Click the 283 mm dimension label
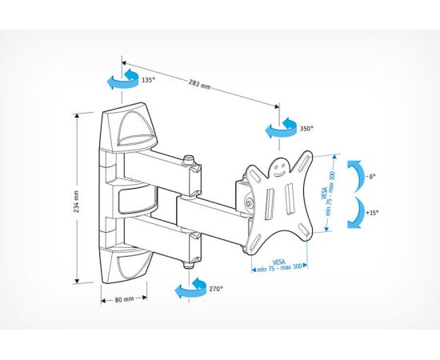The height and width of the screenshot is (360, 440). click(199, 84)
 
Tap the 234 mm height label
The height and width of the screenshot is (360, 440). click(76, 201)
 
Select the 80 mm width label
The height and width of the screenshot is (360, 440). click(124, 299)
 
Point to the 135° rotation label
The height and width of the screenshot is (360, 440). click(148, 80)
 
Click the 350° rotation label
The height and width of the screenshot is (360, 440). click(306, 129)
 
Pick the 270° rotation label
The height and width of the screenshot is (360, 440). click(216, 289)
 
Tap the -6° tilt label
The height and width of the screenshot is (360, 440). click(370, 177)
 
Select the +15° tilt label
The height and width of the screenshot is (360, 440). click(372, 213)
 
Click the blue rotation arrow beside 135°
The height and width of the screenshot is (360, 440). click(122, 79)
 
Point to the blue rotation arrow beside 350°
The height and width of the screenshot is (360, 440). click(281, 128)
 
